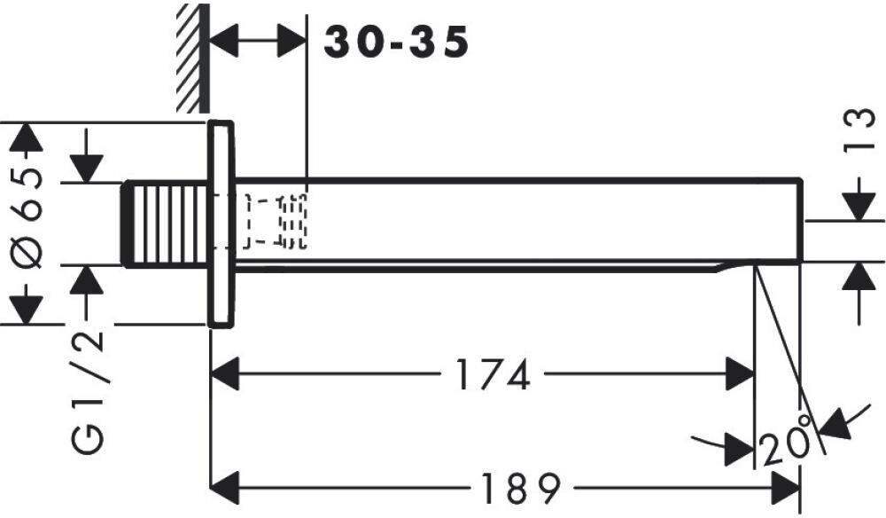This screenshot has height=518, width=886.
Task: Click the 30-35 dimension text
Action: point(395,42)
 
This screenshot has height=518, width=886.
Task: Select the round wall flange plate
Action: point(221,224)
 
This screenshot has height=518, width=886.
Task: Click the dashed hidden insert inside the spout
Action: point(276,220)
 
